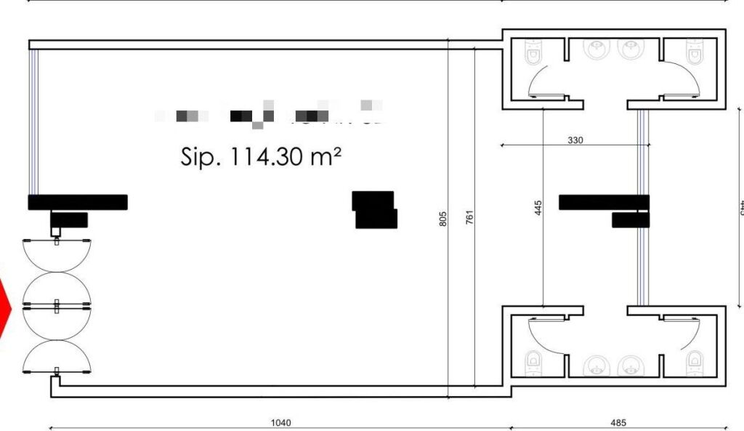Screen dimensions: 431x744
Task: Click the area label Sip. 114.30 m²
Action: [261, 157]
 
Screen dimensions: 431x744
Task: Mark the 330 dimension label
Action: [575, 140]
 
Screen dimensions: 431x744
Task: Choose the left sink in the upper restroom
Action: [598, 49]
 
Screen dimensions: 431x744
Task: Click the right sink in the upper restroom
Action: [628, 49]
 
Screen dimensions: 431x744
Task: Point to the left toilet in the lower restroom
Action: [533, 359]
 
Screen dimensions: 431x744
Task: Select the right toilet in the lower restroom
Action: [695, 359]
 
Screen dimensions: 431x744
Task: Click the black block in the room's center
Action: [375, 210]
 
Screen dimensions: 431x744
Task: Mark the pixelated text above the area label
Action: [269, 115]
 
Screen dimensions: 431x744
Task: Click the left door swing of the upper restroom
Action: [546, 80]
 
